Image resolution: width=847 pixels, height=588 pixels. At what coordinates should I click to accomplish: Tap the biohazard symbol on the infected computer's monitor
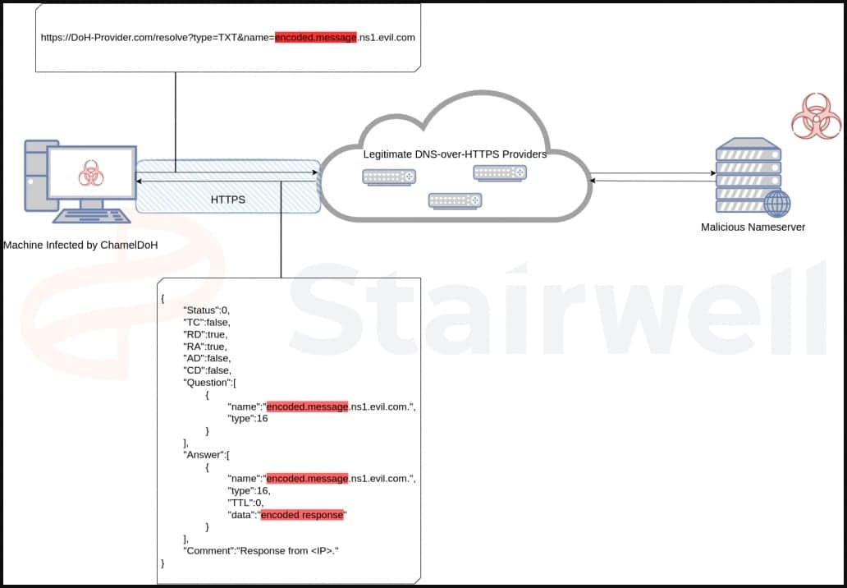click(89, 173)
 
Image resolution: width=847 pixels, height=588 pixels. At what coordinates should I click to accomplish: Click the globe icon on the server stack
click(776, 203)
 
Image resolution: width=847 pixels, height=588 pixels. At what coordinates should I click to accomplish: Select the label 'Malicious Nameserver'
click(753, 227)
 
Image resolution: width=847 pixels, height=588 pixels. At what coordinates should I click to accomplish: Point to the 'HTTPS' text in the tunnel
click(227, 199)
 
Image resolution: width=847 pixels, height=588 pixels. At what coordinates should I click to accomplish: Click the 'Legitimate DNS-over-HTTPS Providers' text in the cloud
click(455, 154)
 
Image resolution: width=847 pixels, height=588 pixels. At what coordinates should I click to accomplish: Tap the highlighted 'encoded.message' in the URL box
click(316, 38)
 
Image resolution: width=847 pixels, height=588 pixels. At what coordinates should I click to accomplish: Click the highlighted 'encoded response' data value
click(304, 515)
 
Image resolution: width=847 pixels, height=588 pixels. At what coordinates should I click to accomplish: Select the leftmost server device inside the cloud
click(389, 177)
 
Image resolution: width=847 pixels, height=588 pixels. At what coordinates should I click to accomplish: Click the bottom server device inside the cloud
click(454, 200)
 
